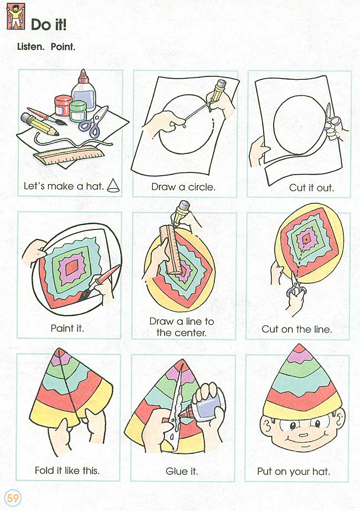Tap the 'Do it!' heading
[x=49, y=24]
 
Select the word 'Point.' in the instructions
[x=63, y=47]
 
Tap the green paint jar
[x=78, y=111]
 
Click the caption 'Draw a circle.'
[x=183, y=187]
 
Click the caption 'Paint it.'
[x=67, y=328]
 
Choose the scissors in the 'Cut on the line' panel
[x=296, y=284]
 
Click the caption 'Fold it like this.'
[x=67, y=470]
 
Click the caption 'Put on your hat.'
[x=294, y=471]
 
